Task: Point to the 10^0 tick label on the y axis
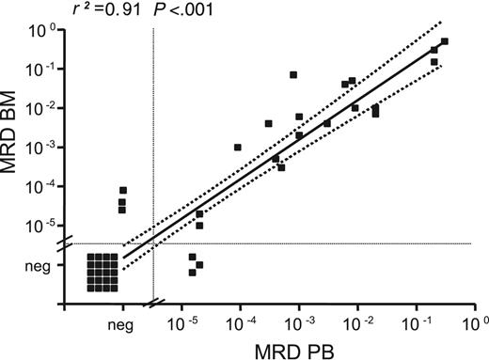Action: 45,31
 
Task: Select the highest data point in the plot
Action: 445,41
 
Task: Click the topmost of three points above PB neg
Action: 123,191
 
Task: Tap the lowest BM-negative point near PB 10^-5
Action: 192,273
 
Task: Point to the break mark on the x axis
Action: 153,303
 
